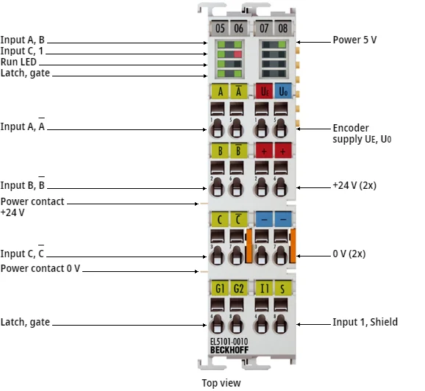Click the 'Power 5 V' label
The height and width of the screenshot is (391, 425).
354,40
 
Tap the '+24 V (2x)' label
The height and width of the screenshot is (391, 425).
354,187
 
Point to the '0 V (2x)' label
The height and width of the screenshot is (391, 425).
349,254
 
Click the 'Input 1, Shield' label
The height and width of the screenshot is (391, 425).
365,322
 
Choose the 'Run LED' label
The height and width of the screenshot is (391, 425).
20,63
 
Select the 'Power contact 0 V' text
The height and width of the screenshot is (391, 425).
40,269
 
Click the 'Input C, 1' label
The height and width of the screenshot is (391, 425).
23,52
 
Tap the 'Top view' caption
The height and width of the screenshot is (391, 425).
221,383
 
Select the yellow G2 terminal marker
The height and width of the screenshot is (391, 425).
238,287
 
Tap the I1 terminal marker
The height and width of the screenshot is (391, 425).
262,287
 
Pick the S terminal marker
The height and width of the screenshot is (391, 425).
282,287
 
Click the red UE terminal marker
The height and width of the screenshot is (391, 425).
262,91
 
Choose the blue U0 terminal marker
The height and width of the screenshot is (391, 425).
282,91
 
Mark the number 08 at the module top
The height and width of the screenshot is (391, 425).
282,28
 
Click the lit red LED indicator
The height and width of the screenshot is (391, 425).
238,54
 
